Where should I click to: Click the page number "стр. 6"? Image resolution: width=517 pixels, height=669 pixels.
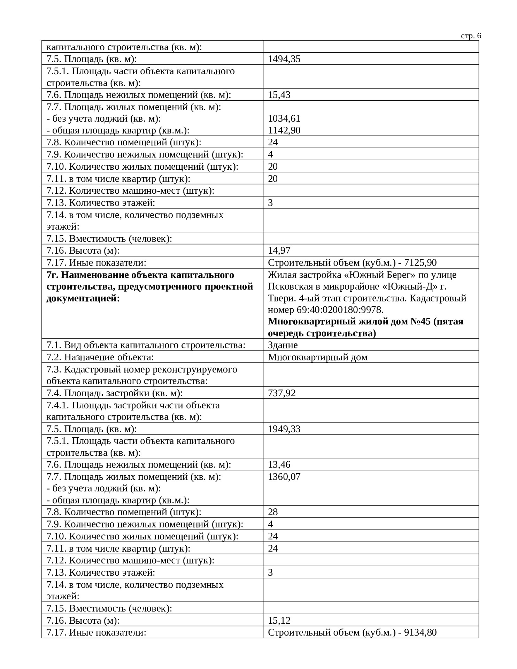coord(471,36)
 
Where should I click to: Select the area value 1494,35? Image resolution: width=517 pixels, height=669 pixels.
coord(284,59)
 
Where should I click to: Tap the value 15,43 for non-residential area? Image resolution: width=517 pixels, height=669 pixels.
coord(279,95)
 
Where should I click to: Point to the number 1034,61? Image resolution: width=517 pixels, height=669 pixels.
coord(284,119)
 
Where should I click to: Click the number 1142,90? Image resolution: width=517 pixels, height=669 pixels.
coord(284,131)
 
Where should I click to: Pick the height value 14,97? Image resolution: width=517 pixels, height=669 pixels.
coord(279,251)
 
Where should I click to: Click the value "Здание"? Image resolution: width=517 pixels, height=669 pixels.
coord(283,345)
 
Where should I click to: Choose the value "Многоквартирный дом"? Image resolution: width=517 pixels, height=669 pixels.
coord(317,357)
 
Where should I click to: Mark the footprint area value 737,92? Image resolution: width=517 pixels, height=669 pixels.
coord(281,393)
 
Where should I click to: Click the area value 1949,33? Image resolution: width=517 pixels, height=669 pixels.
coord(284,429)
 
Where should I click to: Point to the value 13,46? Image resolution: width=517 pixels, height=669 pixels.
coord(279,464)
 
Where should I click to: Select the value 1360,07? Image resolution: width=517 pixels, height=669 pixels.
coord(284,477)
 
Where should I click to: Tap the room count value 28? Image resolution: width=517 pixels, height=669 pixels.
coord(273,512)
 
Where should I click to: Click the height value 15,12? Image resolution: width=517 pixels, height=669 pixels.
coord(279,620)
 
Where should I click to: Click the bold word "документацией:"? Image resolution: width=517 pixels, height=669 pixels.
coord(83,299)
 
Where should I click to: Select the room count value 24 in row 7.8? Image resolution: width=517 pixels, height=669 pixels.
coord(273,143)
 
